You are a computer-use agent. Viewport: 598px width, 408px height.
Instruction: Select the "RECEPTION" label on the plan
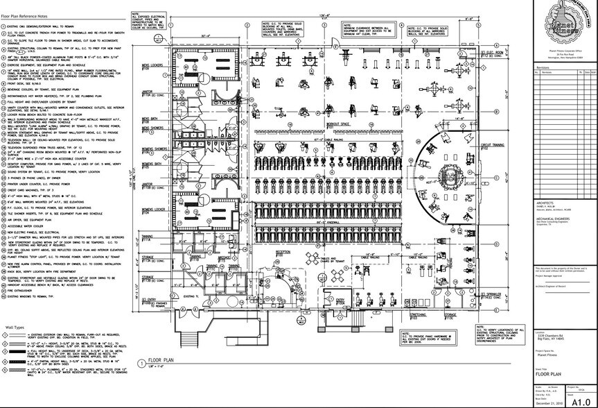[283, 252]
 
